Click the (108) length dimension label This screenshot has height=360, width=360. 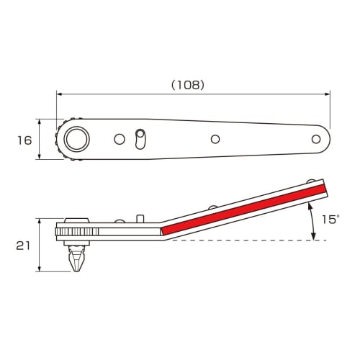[188, 84]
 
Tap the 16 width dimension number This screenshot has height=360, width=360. [24, 140]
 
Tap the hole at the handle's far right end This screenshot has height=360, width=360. [315, 138]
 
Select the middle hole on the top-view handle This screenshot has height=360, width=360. [215, 138]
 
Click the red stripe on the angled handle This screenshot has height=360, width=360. [245, 209]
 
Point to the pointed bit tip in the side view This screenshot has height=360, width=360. [75, 266]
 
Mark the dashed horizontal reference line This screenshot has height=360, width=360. [245, 240]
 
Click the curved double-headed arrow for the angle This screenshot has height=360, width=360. [312, 222]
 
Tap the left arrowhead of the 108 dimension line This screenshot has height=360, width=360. [60, 94]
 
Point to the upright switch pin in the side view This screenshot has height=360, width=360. [140, 219]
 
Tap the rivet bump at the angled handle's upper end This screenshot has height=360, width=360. [310, 181]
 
